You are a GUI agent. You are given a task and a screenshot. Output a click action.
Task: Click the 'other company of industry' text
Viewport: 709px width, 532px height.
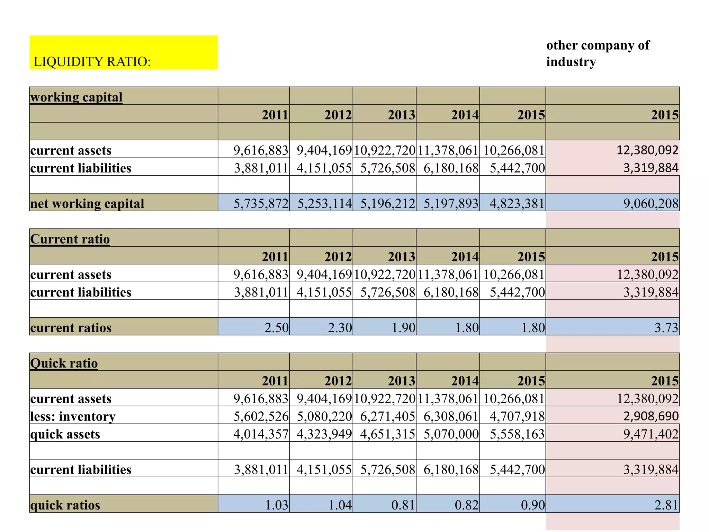598,53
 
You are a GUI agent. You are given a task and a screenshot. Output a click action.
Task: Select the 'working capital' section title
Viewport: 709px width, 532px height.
76,97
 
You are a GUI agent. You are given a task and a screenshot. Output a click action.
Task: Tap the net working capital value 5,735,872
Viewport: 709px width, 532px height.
261,203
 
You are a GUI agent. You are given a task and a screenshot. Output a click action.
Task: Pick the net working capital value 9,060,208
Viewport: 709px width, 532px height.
650,203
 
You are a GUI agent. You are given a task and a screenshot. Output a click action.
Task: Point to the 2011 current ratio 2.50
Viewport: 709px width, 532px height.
276,327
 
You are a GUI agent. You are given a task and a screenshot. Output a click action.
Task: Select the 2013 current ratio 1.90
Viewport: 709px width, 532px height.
403,327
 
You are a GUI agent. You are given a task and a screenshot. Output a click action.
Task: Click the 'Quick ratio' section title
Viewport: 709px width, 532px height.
64,363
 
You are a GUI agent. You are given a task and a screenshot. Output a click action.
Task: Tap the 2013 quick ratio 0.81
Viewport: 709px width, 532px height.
403,505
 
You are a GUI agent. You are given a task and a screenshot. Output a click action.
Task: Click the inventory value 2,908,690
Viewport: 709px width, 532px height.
650,416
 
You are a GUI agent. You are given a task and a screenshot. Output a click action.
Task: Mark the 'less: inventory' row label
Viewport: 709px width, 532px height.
73,416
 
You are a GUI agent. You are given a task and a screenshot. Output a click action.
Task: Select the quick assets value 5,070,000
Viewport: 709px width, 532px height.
451,434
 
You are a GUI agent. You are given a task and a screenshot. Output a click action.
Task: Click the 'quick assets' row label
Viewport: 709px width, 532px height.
65,434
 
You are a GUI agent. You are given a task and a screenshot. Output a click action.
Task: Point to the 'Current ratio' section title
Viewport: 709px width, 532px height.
70,239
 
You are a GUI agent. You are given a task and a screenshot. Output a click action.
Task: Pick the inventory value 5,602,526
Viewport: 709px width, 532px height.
261,416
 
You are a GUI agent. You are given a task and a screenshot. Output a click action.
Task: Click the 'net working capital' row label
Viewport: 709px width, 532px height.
87,203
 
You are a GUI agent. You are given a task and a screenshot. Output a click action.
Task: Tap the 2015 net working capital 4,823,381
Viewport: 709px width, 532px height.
517,203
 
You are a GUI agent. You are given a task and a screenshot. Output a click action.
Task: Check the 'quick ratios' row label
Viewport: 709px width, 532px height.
65,505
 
